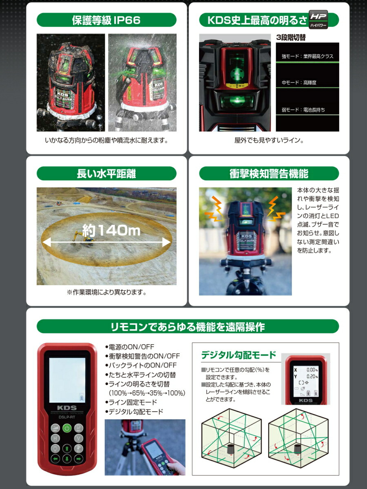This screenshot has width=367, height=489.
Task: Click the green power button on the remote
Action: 67,428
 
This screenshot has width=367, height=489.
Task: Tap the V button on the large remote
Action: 79,438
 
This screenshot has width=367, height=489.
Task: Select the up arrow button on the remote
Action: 67,449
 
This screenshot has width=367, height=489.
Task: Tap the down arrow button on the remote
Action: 67,459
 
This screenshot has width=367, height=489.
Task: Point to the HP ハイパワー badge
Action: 318,18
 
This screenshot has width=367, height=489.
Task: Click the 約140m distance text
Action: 111,231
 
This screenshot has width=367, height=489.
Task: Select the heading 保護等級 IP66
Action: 106,20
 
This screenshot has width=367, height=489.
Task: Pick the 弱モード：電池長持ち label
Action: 303,110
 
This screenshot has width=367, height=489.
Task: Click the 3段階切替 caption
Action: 291,37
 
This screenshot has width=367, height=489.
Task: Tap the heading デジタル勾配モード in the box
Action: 239,355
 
